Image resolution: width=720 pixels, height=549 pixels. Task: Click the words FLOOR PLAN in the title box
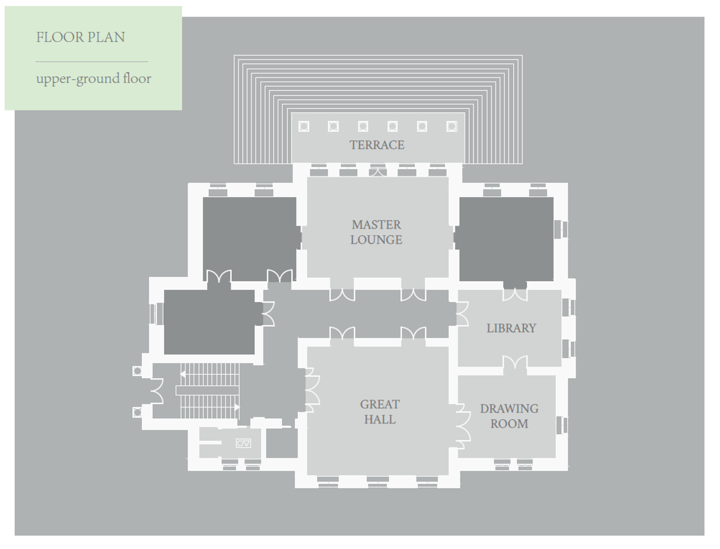coord(80,38)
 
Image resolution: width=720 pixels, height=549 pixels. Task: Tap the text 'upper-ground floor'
coord(93,78)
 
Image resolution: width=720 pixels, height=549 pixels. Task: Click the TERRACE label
coord(377,145)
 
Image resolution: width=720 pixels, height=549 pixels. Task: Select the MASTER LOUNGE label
coord(376,232)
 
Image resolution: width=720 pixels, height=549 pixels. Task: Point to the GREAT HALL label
coord(380,412)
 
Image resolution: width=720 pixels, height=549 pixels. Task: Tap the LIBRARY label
coord(511,328)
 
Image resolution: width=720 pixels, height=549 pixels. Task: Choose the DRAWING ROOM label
coord(509,416)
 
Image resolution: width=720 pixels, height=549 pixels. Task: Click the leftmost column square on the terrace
coord(304,126)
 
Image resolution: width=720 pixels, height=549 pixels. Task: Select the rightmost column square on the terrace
coord(452,126)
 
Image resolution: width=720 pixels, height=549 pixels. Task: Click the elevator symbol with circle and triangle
coord(243,443)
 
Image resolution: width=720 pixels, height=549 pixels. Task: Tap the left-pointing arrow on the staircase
coord(183,373)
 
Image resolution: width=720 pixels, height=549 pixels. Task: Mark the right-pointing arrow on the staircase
coord(237,407)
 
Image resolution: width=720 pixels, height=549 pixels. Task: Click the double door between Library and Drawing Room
coord(515,363)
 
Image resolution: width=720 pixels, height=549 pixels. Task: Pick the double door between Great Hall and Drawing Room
coord(462,426)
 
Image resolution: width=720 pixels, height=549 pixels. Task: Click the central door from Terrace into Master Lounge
coord(377,170)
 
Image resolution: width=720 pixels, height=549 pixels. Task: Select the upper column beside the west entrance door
coord(137,371)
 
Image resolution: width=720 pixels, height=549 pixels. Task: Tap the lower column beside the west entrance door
coord(137,412)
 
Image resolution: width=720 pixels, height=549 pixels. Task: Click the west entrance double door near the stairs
coord(156,391)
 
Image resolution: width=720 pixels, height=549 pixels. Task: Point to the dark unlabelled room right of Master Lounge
coord(506,238)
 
